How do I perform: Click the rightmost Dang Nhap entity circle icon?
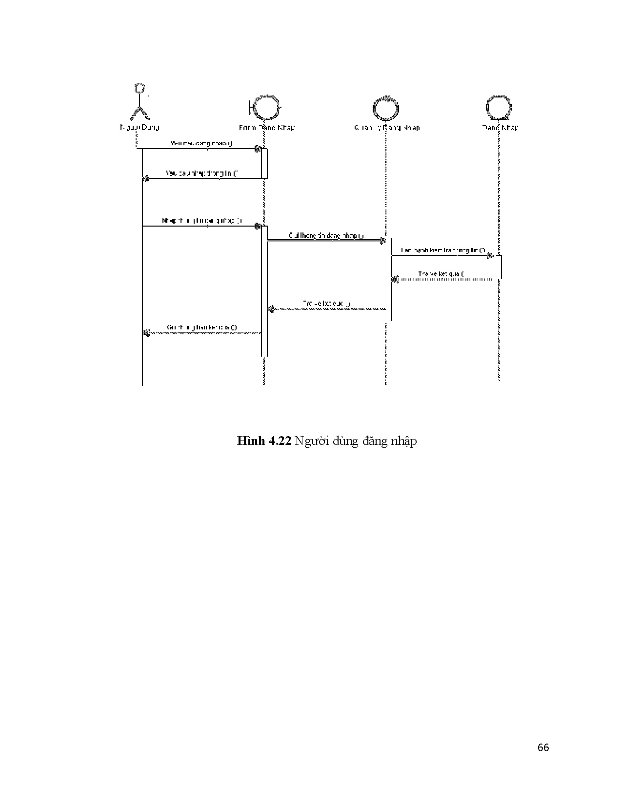tap(500, 107)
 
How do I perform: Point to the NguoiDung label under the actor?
tap(140, 128)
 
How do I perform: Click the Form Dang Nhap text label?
tap(266, 128)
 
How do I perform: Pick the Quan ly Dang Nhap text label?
tap(386, 128)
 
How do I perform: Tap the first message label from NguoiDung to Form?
tap(202, 144)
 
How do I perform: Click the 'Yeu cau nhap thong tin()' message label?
tap(202, 173)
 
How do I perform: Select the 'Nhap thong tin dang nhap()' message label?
tap(202, 221)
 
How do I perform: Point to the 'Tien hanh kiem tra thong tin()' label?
tap(443, 250)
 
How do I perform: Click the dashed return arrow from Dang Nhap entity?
tap(444, 280)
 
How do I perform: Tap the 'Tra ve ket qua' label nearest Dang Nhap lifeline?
tap(441, 274)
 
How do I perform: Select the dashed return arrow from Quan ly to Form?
tap(327, 309)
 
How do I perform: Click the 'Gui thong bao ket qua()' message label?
tap(202, 327)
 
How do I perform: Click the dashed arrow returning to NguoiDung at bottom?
tap(202, 333)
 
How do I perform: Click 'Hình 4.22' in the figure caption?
tap(264, 441)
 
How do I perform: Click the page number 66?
tap(543, 747)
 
